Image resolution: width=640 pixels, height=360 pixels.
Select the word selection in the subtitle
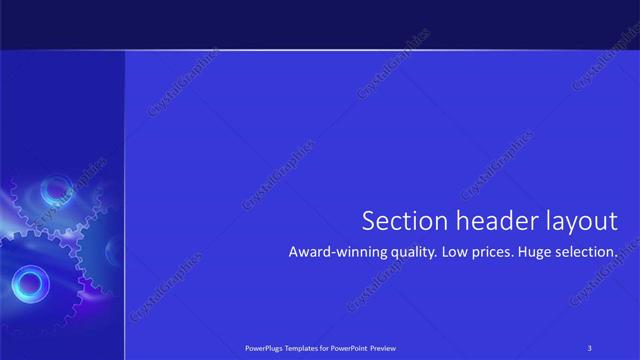(591, 253)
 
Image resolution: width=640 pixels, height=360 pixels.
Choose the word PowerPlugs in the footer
(265, 347)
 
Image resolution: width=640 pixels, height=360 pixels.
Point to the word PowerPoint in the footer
(349, 347)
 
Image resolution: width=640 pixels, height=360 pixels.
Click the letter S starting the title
(368, 221)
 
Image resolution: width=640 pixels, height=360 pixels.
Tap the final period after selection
(617, 257)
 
